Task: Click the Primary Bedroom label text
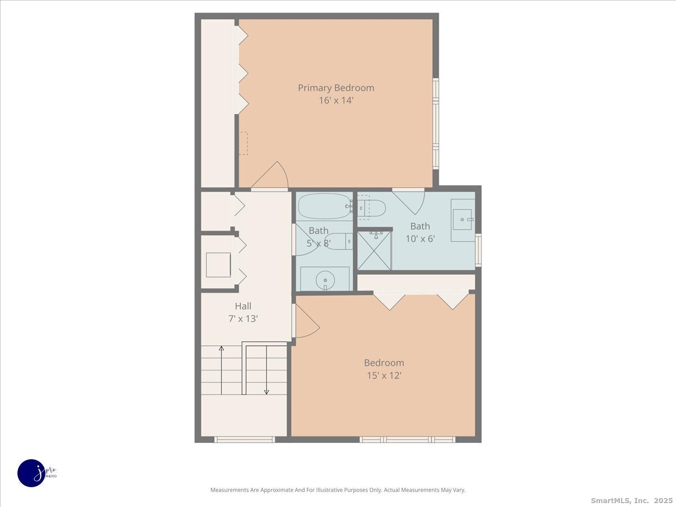336,88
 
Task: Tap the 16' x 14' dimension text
336,101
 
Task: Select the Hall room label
243,306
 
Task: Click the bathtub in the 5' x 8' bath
323,206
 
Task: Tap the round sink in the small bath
324,279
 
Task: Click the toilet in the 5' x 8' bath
339,241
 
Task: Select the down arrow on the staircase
266,391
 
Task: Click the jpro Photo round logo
32,473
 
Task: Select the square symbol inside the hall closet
218,265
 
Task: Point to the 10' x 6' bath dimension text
420,238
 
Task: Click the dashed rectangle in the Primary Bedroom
243,143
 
